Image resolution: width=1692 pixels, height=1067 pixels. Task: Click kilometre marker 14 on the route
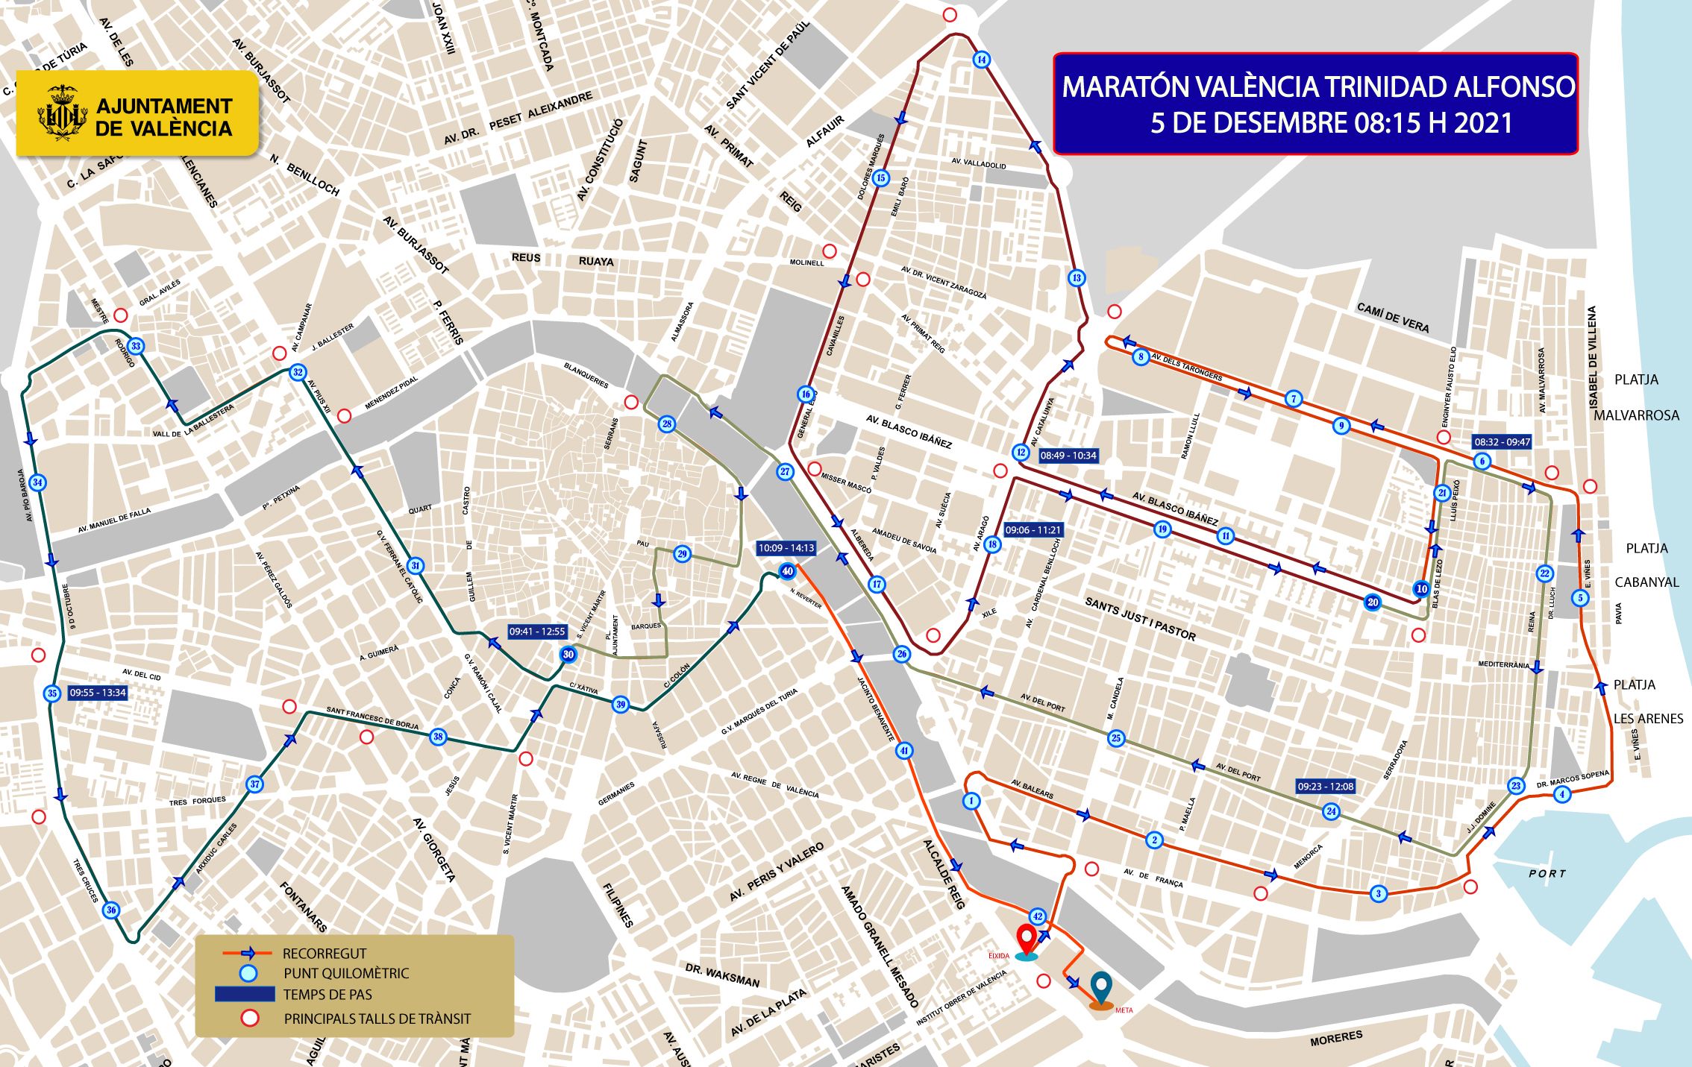coord(982,60)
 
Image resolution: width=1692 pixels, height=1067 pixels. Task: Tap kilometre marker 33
coord(136,346)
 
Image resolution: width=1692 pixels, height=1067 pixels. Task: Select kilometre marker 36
coord(111,910)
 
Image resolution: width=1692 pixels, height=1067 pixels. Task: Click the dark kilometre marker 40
coord(787,572)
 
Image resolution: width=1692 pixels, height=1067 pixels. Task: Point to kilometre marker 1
coord(971,801)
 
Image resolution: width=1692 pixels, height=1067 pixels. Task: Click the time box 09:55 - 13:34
coord(98,693)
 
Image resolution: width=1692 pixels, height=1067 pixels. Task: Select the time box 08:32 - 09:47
coord(1502,442)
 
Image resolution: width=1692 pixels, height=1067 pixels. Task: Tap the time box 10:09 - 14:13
coord(786,548)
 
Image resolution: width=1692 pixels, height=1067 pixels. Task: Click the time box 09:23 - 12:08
coord(1325,786)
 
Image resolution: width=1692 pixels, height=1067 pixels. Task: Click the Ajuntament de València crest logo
coord(58,113)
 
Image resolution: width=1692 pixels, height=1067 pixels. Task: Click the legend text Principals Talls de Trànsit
coord(377,1019)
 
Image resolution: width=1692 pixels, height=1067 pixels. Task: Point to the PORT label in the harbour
coord(1547,873)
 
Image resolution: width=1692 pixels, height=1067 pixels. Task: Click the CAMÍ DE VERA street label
coord(1392,318)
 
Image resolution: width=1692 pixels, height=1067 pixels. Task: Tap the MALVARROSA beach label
coord(1636,415)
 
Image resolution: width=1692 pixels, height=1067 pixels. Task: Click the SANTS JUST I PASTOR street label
coord(1140,619)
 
